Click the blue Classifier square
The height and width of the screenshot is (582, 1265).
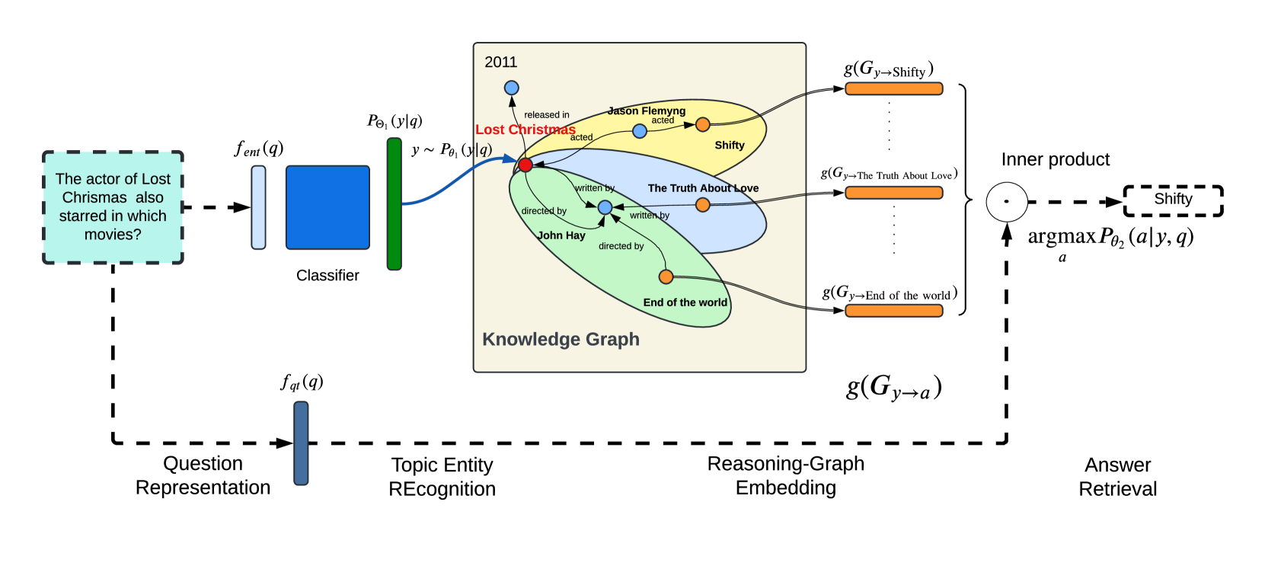click(327, 207)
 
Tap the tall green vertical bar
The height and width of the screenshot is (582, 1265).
click(395, 204)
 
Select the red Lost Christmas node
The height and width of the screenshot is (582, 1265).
click(525, 165)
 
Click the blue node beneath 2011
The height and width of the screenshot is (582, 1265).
click(512, 88)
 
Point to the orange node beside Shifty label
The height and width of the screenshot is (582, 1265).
click(702, 124)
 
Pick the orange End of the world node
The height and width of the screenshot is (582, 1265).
click(666, 277)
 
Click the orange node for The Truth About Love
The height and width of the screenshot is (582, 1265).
click(702, 205)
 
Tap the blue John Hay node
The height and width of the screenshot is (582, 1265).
click(605, 207)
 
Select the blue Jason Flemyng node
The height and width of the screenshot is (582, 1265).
click(639, 131)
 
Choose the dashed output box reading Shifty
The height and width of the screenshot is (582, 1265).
click(1173, 200)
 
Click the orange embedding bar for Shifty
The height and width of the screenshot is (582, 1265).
click(894, 88)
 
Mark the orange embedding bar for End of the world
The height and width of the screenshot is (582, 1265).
click(894, 311)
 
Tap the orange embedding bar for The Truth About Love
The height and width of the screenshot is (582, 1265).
click(894, 193)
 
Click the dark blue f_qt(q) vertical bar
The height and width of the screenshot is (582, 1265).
click(301, 443)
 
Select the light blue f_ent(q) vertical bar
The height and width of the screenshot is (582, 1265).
click(259, 207)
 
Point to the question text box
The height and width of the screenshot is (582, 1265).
click(113, 207)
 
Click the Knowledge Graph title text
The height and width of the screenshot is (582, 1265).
click(561, 339)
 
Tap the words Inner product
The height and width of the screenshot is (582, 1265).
click(1056, 159)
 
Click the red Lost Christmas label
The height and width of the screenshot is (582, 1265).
click(525, 130)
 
